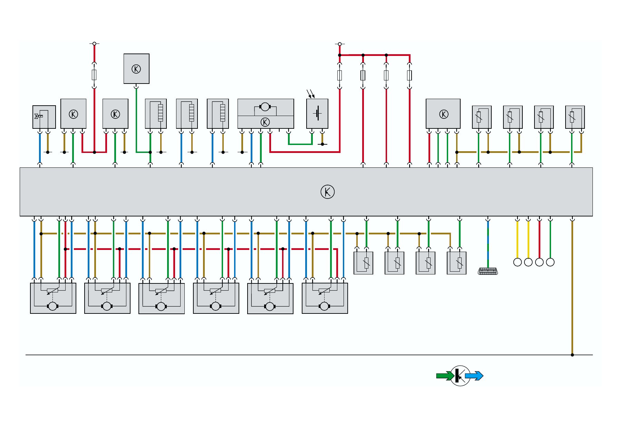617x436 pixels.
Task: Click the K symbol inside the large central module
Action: [327, 192]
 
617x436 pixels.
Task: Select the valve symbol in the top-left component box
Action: [38, 116]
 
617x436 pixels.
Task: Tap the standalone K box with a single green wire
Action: [136, 69]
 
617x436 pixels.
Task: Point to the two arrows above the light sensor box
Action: [311, 93]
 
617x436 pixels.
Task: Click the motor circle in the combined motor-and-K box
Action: [265, 107]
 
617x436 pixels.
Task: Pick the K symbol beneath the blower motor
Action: [265, 122]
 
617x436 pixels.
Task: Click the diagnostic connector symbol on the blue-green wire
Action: [488, 271]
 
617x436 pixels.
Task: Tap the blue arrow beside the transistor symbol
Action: [474, 376]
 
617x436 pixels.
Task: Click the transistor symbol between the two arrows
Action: [460, 376]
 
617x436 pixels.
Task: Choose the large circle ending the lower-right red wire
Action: [539, 262]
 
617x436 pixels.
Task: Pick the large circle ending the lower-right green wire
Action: [550, 262]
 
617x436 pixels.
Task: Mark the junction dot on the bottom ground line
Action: [572, 355]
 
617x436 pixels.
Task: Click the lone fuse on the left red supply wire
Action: [94, 75]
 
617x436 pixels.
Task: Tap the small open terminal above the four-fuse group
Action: [340, 44]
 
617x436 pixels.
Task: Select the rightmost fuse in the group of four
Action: [409, 75]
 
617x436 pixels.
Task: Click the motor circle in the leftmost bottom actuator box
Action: [52, 306]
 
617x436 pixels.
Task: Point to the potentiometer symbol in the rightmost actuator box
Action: [324, 291]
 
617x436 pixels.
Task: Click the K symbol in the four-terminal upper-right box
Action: [444, 114]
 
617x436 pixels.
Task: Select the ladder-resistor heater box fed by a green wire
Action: [156, 114]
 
